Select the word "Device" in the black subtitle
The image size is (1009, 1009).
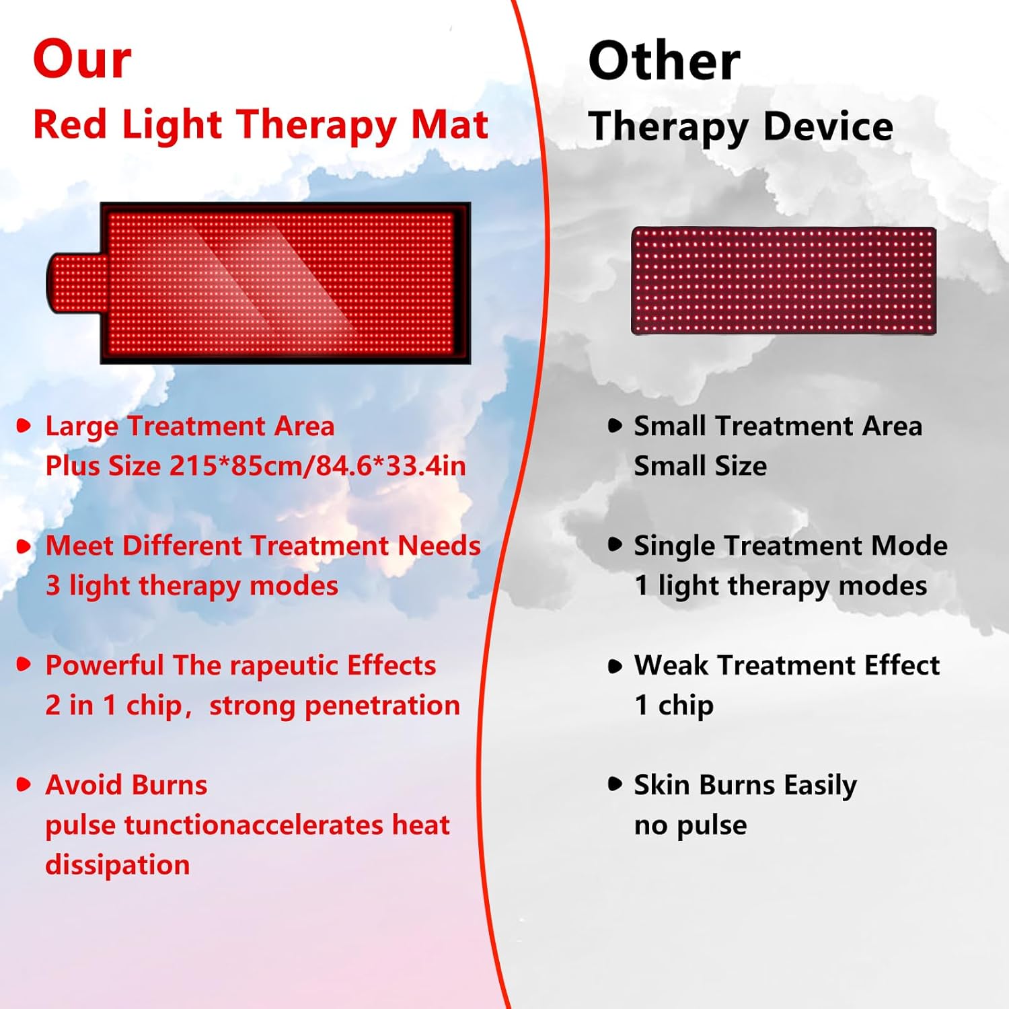tap(828, 126)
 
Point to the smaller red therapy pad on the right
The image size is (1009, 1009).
tap(784, 281)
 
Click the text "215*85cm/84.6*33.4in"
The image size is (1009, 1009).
tap(317, 465)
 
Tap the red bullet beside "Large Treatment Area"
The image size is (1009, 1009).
tap(24, 425)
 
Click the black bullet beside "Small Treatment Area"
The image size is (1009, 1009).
tap(615, 425)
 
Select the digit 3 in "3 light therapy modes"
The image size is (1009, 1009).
tap(52, 585)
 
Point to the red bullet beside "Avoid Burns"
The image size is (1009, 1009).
tap(24, 784)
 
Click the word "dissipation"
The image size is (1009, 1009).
tap(118, 865)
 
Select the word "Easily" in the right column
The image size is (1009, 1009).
tap(820, 785)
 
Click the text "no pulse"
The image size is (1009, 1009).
tap(690, 825)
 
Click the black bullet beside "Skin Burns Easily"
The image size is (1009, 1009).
tap(615, 784)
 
